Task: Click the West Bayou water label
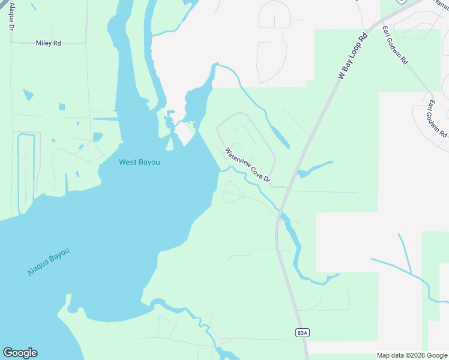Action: (139, 162)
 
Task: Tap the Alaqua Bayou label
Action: (49, 263)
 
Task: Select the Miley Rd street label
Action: (49, 43)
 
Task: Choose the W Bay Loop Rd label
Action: (353, 56)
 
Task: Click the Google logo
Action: (20, 353)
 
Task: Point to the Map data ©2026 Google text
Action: (411, 355)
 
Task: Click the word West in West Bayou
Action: (128, 162)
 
